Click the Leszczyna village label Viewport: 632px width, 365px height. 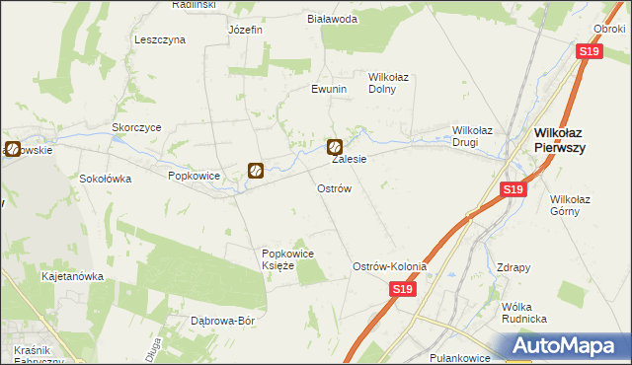159,40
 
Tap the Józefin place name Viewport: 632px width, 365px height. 245,30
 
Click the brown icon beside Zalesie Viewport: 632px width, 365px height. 335,147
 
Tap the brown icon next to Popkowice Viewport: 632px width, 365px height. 255,171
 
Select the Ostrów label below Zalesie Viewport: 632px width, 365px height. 334,187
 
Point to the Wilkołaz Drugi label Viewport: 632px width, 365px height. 479,136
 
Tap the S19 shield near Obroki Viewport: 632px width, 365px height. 589,51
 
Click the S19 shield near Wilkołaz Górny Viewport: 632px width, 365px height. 512,189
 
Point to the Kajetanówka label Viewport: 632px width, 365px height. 72,277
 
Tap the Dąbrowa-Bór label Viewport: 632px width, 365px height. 223,322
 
